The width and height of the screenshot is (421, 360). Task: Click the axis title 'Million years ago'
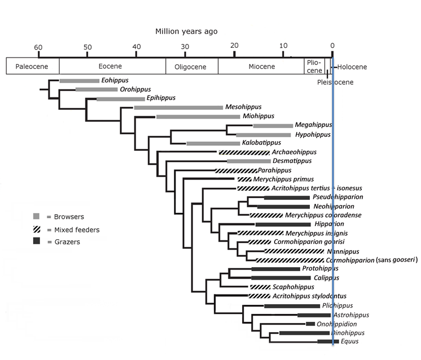(186, 31)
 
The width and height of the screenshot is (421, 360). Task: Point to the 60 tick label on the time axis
(38, 46)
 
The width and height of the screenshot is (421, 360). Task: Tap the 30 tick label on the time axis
(185, 46)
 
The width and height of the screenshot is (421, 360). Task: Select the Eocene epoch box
(112, 67)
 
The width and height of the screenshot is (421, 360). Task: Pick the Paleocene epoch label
(32, 67)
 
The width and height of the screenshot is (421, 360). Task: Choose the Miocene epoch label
(261, 67)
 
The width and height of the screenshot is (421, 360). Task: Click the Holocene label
(351, 67)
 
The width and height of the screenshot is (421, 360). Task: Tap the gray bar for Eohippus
(79, 81)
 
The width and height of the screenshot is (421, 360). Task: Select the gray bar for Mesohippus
(178, 107)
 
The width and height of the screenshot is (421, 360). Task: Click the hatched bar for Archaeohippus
(244, 152)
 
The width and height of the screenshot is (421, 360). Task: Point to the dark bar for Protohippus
(275, 269)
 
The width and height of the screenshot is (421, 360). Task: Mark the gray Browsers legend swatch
(36, 216)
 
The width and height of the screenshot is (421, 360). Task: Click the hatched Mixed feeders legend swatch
(36, 229)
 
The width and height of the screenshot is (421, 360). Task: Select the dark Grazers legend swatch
(36, 242)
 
